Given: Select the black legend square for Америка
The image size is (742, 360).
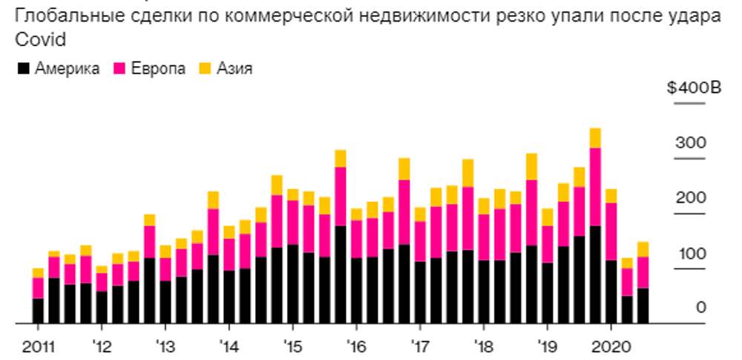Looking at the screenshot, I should [23, 69].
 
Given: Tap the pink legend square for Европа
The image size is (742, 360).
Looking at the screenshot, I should [118, 69].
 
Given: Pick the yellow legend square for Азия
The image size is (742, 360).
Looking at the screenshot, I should [204, 69].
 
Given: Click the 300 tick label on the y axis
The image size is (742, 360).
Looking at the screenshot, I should [691, 143].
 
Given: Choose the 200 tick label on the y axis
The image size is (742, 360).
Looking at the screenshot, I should [691, 198].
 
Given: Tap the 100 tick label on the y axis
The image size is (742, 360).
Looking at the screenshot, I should [691, 253].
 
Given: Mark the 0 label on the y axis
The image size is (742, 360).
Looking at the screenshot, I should [700, 308].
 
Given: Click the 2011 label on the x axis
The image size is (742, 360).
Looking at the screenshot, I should [37, 345].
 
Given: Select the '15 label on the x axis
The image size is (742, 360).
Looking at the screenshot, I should [292, 345].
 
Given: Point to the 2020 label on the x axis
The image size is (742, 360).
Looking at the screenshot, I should [610, 345].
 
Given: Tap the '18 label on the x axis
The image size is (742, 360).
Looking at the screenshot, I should [483, 345].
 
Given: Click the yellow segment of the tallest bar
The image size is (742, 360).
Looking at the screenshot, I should [594, 138].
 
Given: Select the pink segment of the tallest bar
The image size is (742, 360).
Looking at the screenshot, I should [594, 186].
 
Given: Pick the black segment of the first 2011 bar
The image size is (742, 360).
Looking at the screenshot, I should [38, 311].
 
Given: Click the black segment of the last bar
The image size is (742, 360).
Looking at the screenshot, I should [643, 306].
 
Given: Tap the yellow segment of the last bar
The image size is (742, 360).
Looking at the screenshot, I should [643, 249].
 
